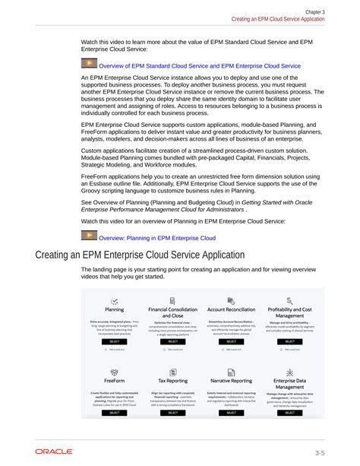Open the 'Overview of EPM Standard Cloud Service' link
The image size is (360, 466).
[x=200, y=66]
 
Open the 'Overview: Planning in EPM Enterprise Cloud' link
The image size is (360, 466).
[x=157, y=238]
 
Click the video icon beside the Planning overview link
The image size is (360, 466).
[x=89, y=236]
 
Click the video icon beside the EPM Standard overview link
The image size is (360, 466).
[x=89, y=65]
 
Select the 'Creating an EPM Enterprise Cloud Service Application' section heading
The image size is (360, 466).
[x=141, y=255]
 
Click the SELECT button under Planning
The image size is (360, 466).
[x=114, y=342]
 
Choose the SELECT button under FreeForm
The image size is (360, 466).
[x=114, y=413]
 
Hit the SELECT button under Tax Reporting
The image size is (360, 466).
[x=172, y=413]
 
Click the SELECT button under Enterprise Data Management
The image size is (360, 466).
[x=289, y=413]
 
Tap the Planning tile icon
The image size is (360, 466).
[x=114, y=302]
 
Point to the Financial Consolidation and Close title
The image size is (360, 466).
[x=172, y=312]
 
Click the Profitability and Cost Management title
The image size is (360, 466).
[x=289, y=312]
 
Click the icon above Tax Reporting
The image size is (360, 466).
[x=172, y=372]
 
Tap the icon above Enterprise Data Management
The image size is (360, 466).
[x=289, y=372]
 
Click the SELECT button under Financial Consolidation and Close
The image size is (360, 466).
[x=172, y=342]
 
